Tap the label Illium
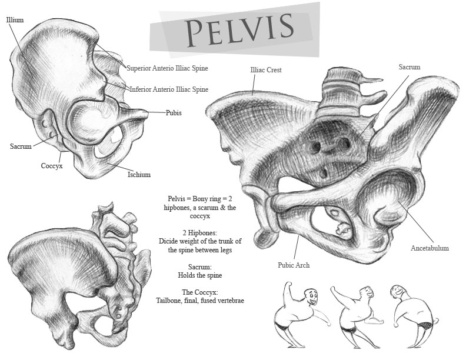tap(15, 20)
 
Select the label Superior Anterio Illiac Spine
tap(167, 68)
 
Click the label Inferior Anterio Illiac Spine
tap(169, 89)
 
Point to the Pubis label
tap(174, 113)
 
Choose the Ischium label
tap(139, 174)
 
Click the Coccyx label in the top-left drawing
tap(52, 166)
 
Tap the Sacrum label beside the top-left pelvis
tap(21, 146)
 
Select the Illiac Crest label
tap(266, 70)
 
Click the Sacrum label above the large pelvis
tap(410, 67)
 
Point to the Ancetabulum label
tap(430, 248)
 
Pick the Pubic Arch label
tap(294, 265)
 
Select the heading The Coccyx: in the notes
tap(200, 292)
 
